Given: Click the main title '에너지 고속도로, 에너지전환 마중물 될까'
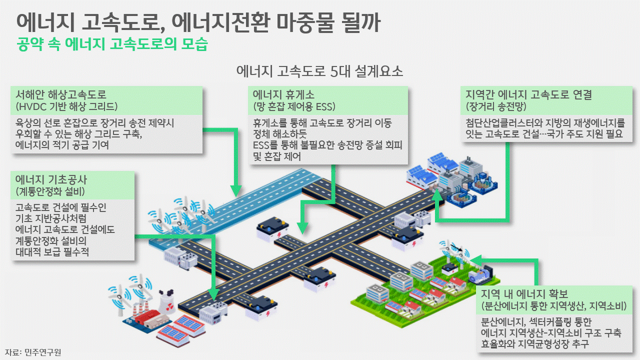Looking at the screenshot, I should pos(198,21).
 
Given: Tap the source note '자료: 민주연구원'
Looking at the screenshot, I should pos(33,352).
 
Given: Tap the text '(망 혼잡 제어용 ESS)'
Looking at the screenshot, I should pos(294,106).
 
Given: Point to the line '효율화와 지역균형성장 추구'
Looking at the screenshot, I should pos(534,344).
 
